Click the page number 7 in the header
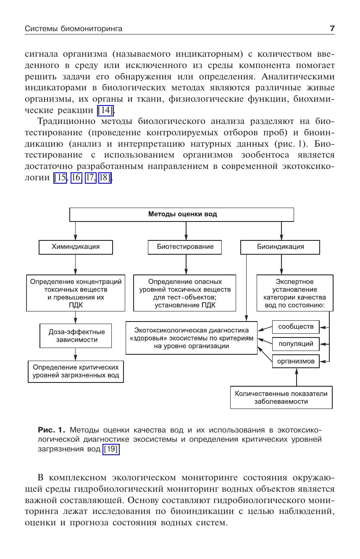(x=332, y=29)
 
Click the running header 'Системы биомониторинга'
(x=74, y=29)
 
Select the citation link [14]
(x=105, y=111)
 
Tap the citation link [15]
(x=60, y=178)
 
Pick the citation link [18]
(x=105, y=178)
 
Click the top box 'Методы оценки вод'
(x=182, y=214)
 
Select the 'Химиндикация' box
(x=76, y=247)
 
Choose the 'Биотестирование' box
(x=185, y=247)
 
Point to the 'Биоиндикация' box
(x=280, y=247)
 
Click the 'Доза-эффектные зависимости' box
(x=76, y=335)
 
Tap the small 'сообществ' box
(x=296, y=327)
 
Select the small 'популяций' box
(x=296, y=344)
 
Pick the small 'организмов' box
(x=296, y=361)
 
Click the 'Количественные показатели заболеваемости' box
(x=281, y=397)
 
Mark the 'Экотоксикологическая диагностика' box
(x=192, y=338)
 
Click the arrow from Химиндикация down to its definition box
(x=76, y=264)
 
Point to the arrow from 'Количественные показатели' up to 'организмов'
(x=297, y=377)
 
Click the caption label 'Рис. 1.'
(x=52, y=430)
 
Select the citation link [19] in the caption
(x=111, y=449)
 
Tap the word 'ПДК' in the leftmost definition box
(x=76, y=306)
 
